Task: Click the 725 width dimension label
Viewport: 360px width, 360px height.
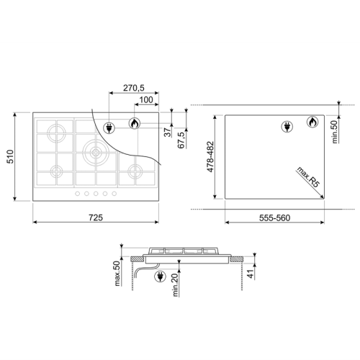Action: pos(96,217)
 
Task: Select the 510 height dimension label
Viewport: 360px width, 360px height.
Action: pos(10,156)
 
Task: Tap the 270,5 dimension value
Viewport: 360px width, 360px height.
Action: pos(134,88)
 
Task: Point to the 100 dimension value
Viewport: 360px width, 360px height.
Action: pos(146,99)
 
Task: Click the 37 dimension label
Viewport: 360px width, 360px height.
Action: pos(168,132)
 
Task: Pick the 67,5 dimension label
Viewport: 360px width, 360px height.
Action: pos(181,140)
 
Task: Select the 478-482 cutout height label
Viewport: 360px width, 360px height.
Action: pos(210,157)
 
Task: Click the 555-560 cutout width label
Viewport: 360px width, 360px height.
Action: pos(274,217)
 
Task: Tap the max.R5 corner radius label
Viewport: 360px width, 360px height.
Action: pos(309,177)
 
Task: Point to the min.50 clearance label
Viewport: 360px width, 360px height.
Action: pos(335,132)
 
